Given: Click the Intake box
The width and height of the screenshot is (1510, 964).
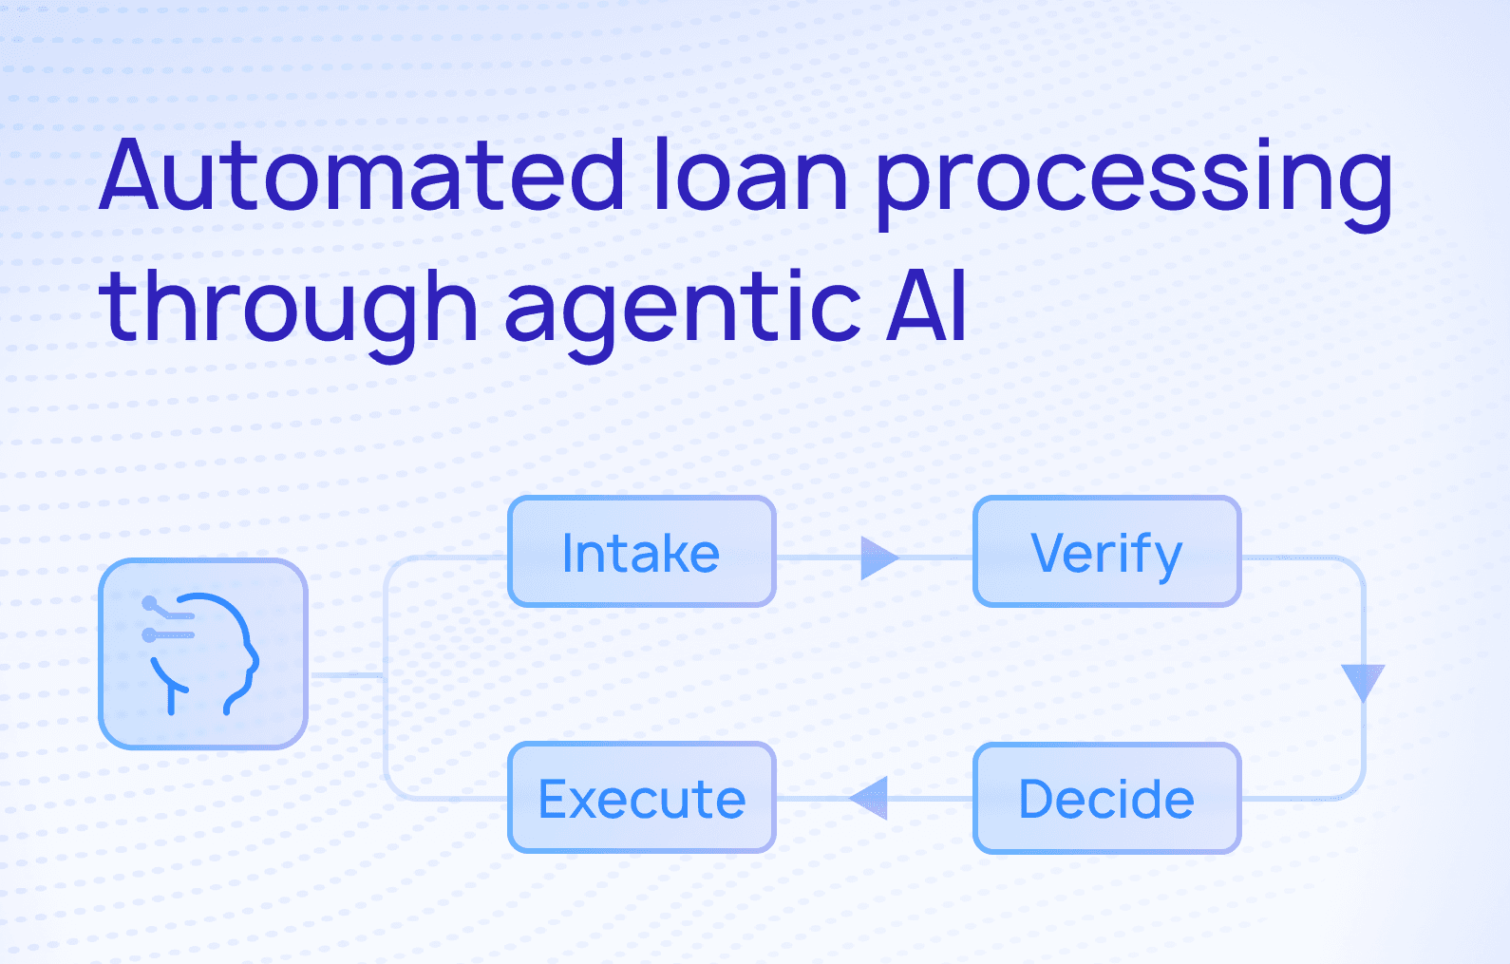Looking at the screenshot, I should click(642, 552).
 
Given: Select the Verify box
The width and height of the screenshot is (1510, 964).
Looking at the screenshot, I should click(1106, 552).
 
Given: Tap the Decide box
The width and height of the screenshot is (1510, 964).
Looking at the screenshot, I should click(1106, 798).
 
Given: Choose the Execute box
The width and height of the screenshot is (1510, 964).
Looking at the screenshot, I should click(642, 798).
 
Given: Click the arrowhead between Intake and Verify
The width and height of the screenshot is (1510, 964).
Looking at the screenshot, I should click(878, 558).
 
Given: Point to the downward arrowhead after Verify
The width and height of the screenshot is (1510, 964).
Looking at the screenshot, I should click(1363, 681).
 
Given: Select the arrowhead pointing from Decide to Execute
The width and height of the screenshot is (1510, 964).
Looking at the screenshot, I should click(870, 798).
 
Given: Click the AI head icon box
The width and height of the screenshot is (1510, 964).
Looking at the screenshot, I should click(203, 653).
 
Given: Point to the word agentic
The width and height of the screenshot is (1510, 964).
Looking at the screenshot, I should click(682, 308).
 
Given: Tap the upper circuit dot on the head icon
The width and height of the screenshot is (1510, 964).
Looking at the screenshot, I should click(149, 602).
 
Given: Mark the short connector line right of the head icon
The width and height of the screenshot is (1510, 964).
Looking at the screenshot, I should click(346, 675).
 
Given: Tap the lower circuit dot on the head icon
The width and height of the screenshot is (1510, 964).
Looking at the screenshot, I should click(149, 634).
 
